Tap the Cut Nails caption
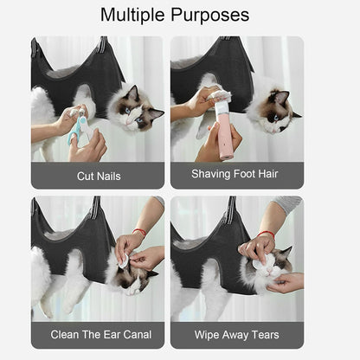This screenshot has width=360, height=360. [98, 177]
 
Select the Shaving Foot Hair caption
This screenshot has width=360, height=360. [236, 173]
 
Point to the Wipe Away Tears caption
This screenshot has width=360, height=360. [236, 334]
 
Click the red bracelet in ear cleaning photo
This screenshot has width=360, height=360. [138, 232]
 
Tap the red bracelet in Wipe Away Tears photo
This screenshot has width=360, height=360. [265, 234]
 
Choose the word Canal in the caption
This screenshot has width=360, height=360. [133, 334]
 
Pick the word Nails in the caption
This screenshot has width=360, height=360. [111, 177]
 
